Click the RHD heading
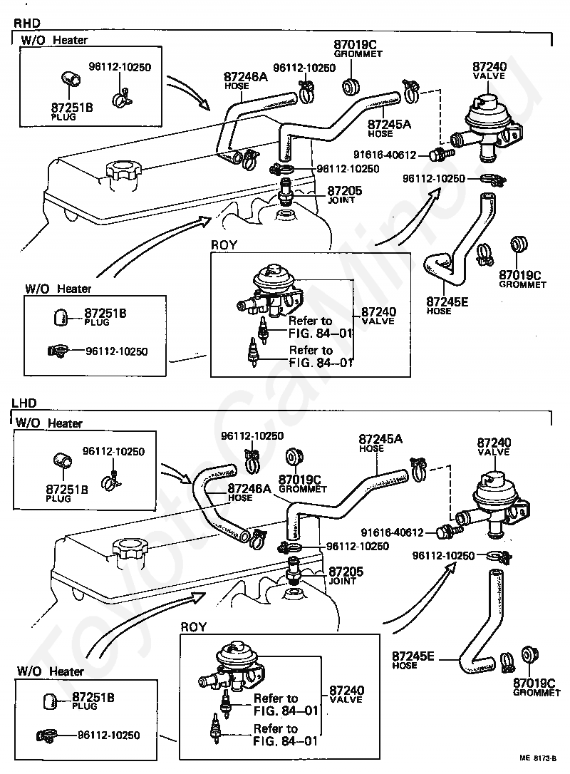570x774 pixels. pos(26,23)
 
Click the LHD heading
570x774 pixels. pos(24,403)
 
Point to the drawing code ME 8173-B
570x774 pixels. pos(539,758)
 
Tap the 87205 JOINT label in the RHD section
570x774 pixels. pos(344,194)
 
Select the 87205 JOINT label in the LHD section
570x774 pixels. pos(346,575)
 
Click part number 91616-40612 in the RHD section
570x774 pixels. pos(385,155)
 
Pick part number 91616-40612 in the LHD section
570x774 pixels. pos(392,532)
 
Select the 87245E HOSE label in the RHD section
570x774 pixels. pos(447,306)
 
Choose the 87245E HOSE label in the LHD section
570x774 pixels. pos(413,659)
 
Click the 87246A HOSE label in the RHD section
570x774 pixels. pos(246,80)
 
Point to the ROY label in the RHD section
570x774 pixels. pos(224,245)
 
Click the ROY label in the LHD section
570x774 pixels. pos(194,627)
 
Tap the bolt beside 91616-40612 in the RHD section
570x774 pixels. pos(442,154)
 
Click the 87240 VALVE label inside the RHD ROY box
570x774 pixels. pos(378,316)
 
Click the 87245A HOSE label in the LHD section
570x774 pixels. pos(380,443)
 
